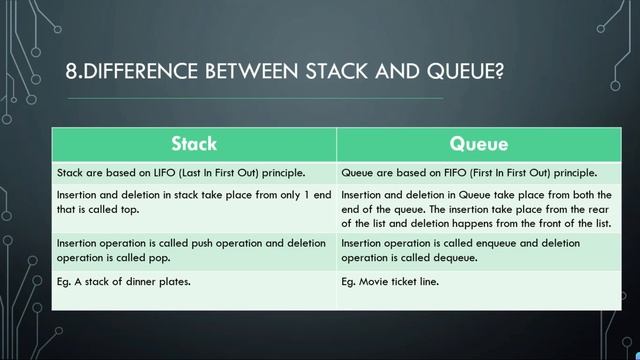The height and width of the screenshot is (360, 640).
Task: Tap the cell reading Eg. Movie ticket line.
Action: tap(389, 282)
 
